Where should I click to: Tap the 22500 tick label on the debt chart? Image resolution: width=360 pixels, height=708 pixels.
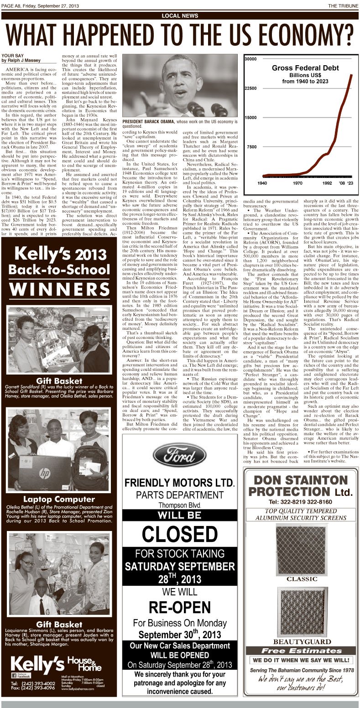251,88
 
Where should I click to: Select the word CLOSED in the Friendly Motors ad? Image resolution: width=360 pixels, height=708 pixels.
180,534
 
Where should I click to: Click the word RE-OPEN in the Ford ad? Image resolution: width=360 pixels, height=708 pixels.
180,607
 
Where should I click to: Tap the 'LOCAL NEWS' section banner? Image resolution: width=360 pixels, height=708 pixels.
180,16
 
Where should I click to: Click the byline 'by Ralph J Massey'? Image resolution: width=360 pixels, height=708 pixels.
21,60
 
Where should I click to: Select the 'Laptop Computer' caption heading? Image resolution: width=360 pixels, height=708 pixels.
59,499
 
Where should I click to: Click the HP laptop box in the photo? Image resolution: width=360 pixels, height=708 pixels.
45,473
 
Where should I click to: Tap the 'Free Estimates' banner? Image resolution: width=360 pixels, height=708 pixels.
301,651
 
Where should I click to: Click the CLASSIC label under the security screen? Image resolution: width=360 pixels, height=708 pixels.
301,579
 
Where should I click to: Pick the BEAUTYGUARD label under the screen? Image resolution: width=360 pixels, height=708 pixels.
301,641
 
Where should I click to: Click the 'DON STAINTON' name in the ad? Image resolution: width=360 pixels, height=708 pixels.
301,480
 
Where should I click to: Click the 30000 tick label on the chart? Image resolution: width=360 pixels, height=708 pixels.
251,59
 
